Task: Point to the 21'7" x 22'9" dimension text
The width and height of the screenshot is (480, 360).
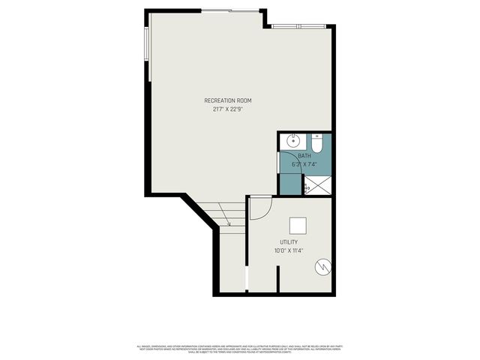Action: [227, 109]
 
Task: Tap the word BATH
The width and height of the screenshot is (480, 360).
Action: [304, 155]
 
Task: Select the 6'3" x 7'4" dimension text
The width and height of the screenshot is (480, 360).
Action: [304, 163]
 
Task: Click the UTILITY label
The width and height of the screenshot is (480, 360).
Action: [289, 242]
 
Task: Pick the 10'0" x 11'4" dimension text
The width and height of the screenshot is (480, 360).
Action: [289, 250]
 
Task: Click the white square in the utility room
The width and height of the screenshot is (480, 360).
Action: [298, 224]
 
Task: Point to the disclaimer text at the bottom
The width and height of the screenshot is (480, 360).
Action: [240, 349]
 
